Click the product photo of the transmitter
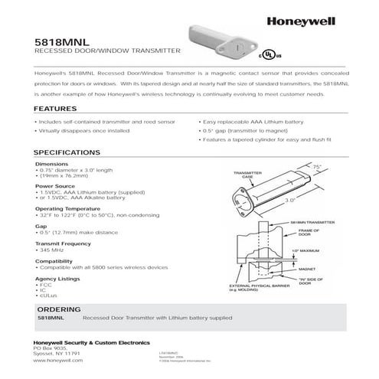(x=222, y=41)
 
